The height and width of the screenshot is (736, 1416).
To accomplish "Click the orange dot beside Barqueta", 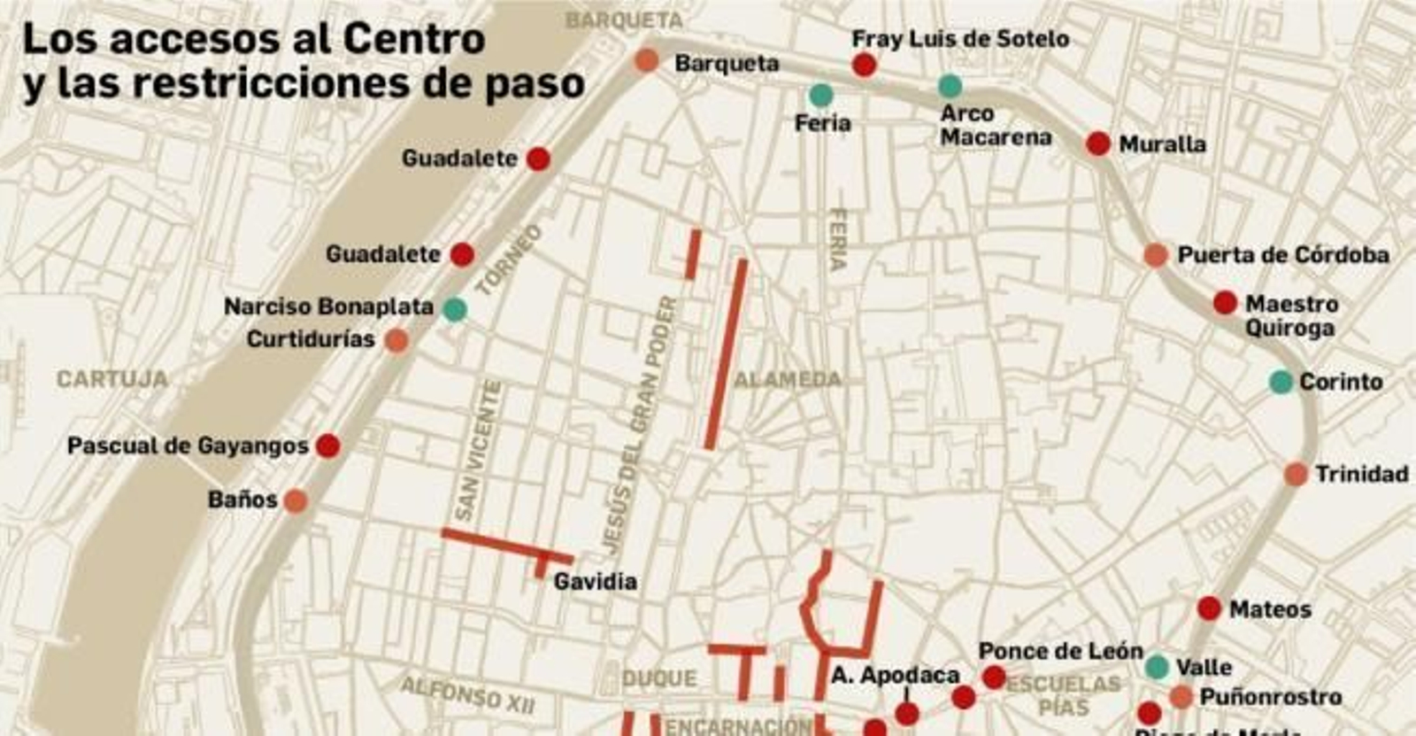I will tap(647, 61).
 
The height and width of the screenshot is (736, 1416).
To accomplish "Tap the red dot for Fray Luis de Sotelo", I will tap(864, 65).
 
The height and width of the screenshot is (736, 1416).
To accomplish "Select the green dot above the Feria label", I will tap(820, 95).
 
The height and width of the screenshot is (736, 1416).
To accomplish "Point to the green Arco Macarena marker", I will tap(950, 86).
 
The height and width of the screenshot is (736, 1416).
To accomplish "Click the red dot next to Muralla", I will tap(1097, 143).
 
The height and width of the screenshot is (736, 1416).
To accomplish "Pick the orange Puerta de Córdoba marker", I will tap(1155, 255).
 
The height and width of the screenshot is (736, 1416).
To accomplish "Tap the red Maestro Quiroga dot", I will tap(1225, 303).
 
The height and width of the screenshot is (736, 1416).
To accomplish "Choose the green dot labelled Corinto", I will tap(1281, 382).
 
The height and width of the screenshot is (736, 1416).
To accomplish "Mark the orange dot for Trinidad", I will tap(1296, 474).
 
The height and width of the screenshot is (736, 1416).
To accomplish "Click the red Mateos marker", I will tap(1209, 608).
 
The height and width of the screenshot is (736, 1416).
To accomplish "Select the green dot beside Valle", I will tap(1157, 667).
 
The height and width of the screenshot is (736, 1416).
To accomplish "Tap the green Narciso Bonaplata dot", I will tap(454, 309).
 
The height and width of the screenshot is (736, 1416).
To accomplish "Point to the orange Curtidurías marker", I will tap(397, 340).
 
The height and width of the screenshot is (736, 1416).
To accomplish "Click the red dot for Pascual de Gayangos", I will tap(327, 445).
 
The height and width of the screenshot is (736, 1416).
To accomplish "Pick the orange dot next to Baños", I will tap(295, 501).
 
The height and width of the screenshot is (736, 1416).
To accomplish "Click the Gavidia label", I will tap(595, 582).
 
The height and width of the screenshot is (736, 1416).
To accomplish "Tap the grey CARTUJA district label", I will tap(112, 379).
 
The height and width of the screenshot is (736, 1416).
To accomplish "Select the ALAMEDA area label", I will tap(788, 380).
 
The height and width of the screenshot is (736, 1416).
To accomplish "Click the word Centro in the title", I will tap(414, 39).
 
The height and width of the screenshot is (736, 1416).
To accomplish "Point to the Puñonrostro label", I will tap(1270, 697).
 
